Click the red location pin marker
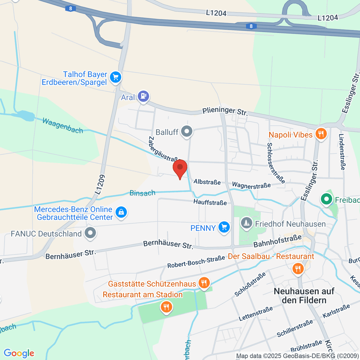(180, 168)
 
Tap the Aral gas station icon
(143, 96)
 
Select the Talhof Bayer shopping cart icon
(115, 77)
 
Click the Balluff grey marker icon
(187, 131)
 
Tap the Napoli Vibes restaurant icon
(321, 134)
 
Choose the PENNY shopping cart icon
(224, 227)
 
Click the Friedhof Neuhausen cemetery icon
(247, 223)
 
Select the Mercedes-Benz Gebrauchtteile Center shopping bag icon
(121, 212)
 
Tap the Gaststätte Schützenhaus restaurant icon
(204, 283)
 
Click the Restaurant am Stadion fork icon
(166, 307)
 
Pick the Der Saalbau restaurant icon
(298, 268)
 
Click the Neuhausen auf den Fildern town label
(304, 295)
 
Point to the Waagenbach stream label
(63, 125)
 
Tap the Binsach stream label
(142, 193)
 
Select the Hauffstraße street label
(210, 202)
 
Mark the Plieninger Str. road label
(225, 111)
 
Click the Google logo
(19, 353)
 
